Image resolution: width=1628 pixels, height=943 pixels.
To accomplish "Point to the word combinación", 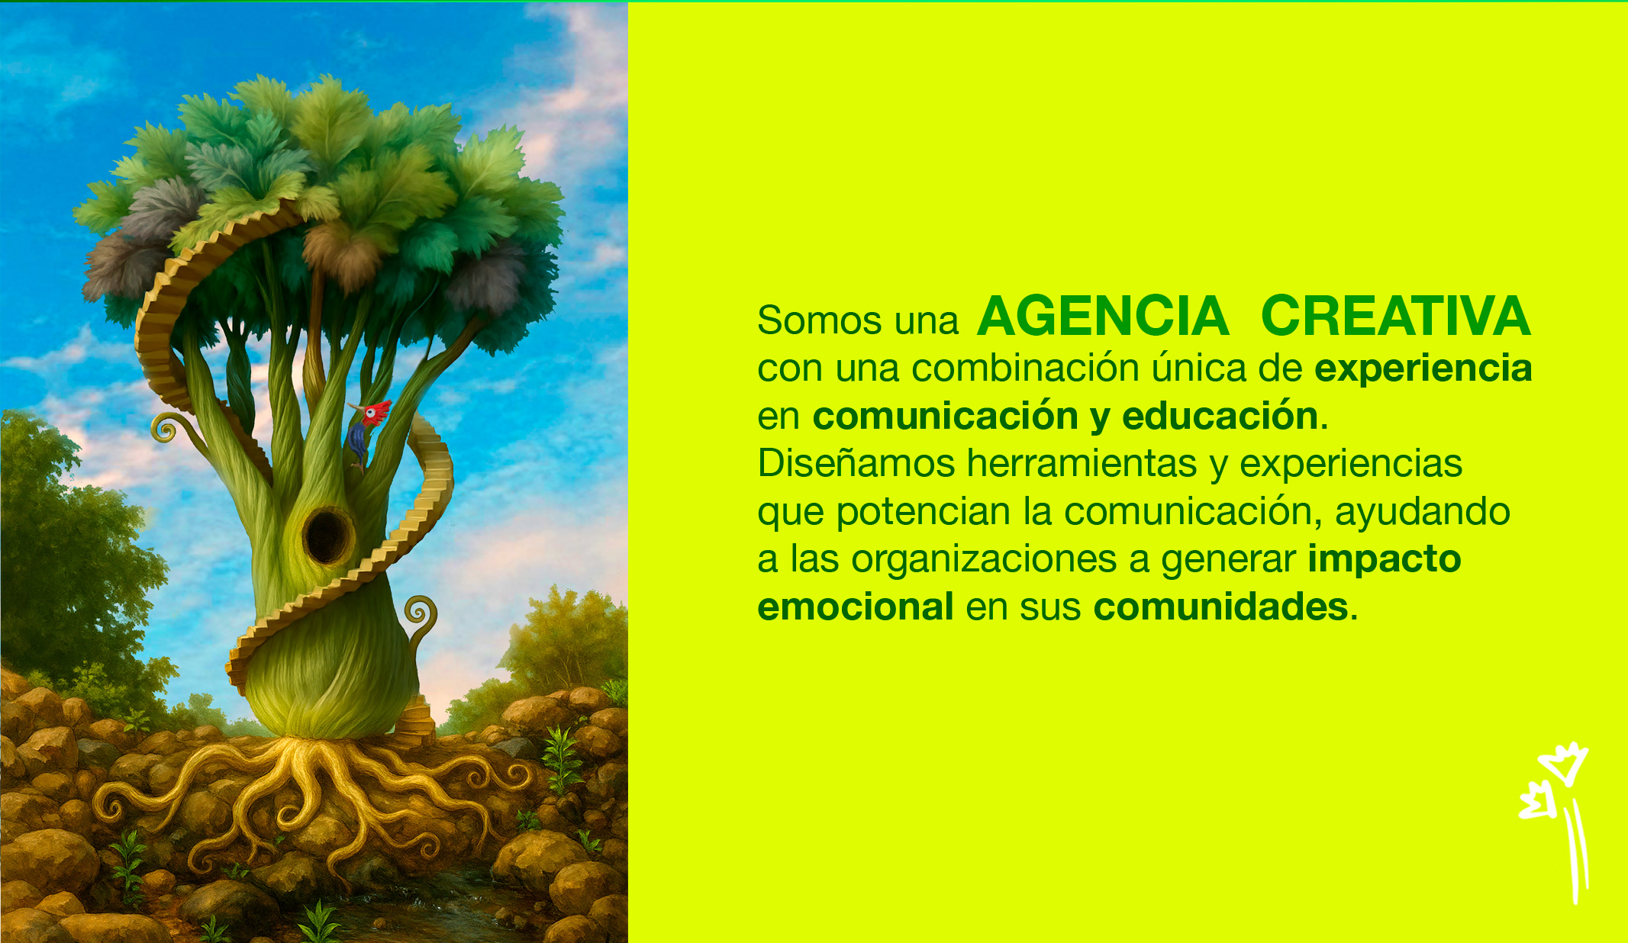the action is (x=1026, y=368).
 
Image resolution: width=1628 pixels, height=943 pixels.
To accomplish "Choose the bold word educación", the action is (x=1220, y=417).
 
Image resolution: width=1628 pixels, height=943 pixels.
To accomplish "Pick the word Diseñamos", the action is (x=856, y=464).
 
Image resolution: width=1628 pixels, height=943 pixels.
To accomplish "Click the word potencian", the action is (x=924, y=513).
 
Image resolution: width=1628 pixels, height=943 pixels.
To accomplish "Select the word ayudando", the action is (x=1423, y=513).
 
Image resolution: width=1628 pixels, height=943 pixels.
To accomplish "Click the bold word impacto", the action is (x=1385, y=560).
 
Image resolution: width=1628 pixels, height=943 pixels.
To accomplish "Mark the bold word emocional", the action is (x=856, y=607).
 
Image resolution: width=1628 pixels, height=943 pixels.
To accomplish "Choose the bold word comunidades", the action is (x=1220, y=607).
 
